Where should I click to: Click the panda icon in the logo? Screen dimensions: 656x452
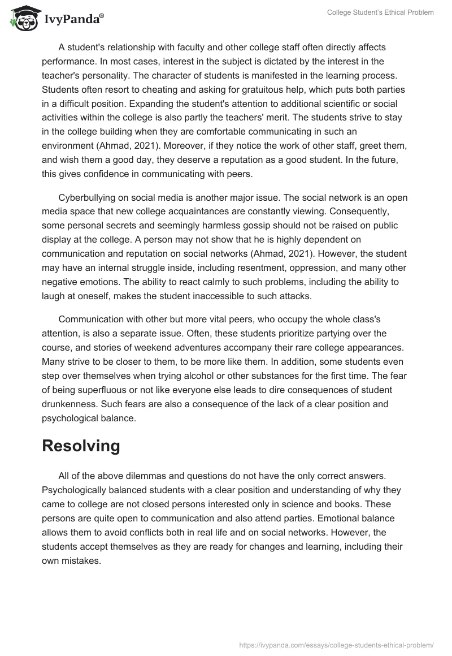22,19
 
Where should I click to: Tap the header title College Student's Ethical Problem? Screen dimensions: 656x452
380,12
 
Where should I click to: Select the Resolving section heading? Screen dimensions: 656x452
81,446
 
